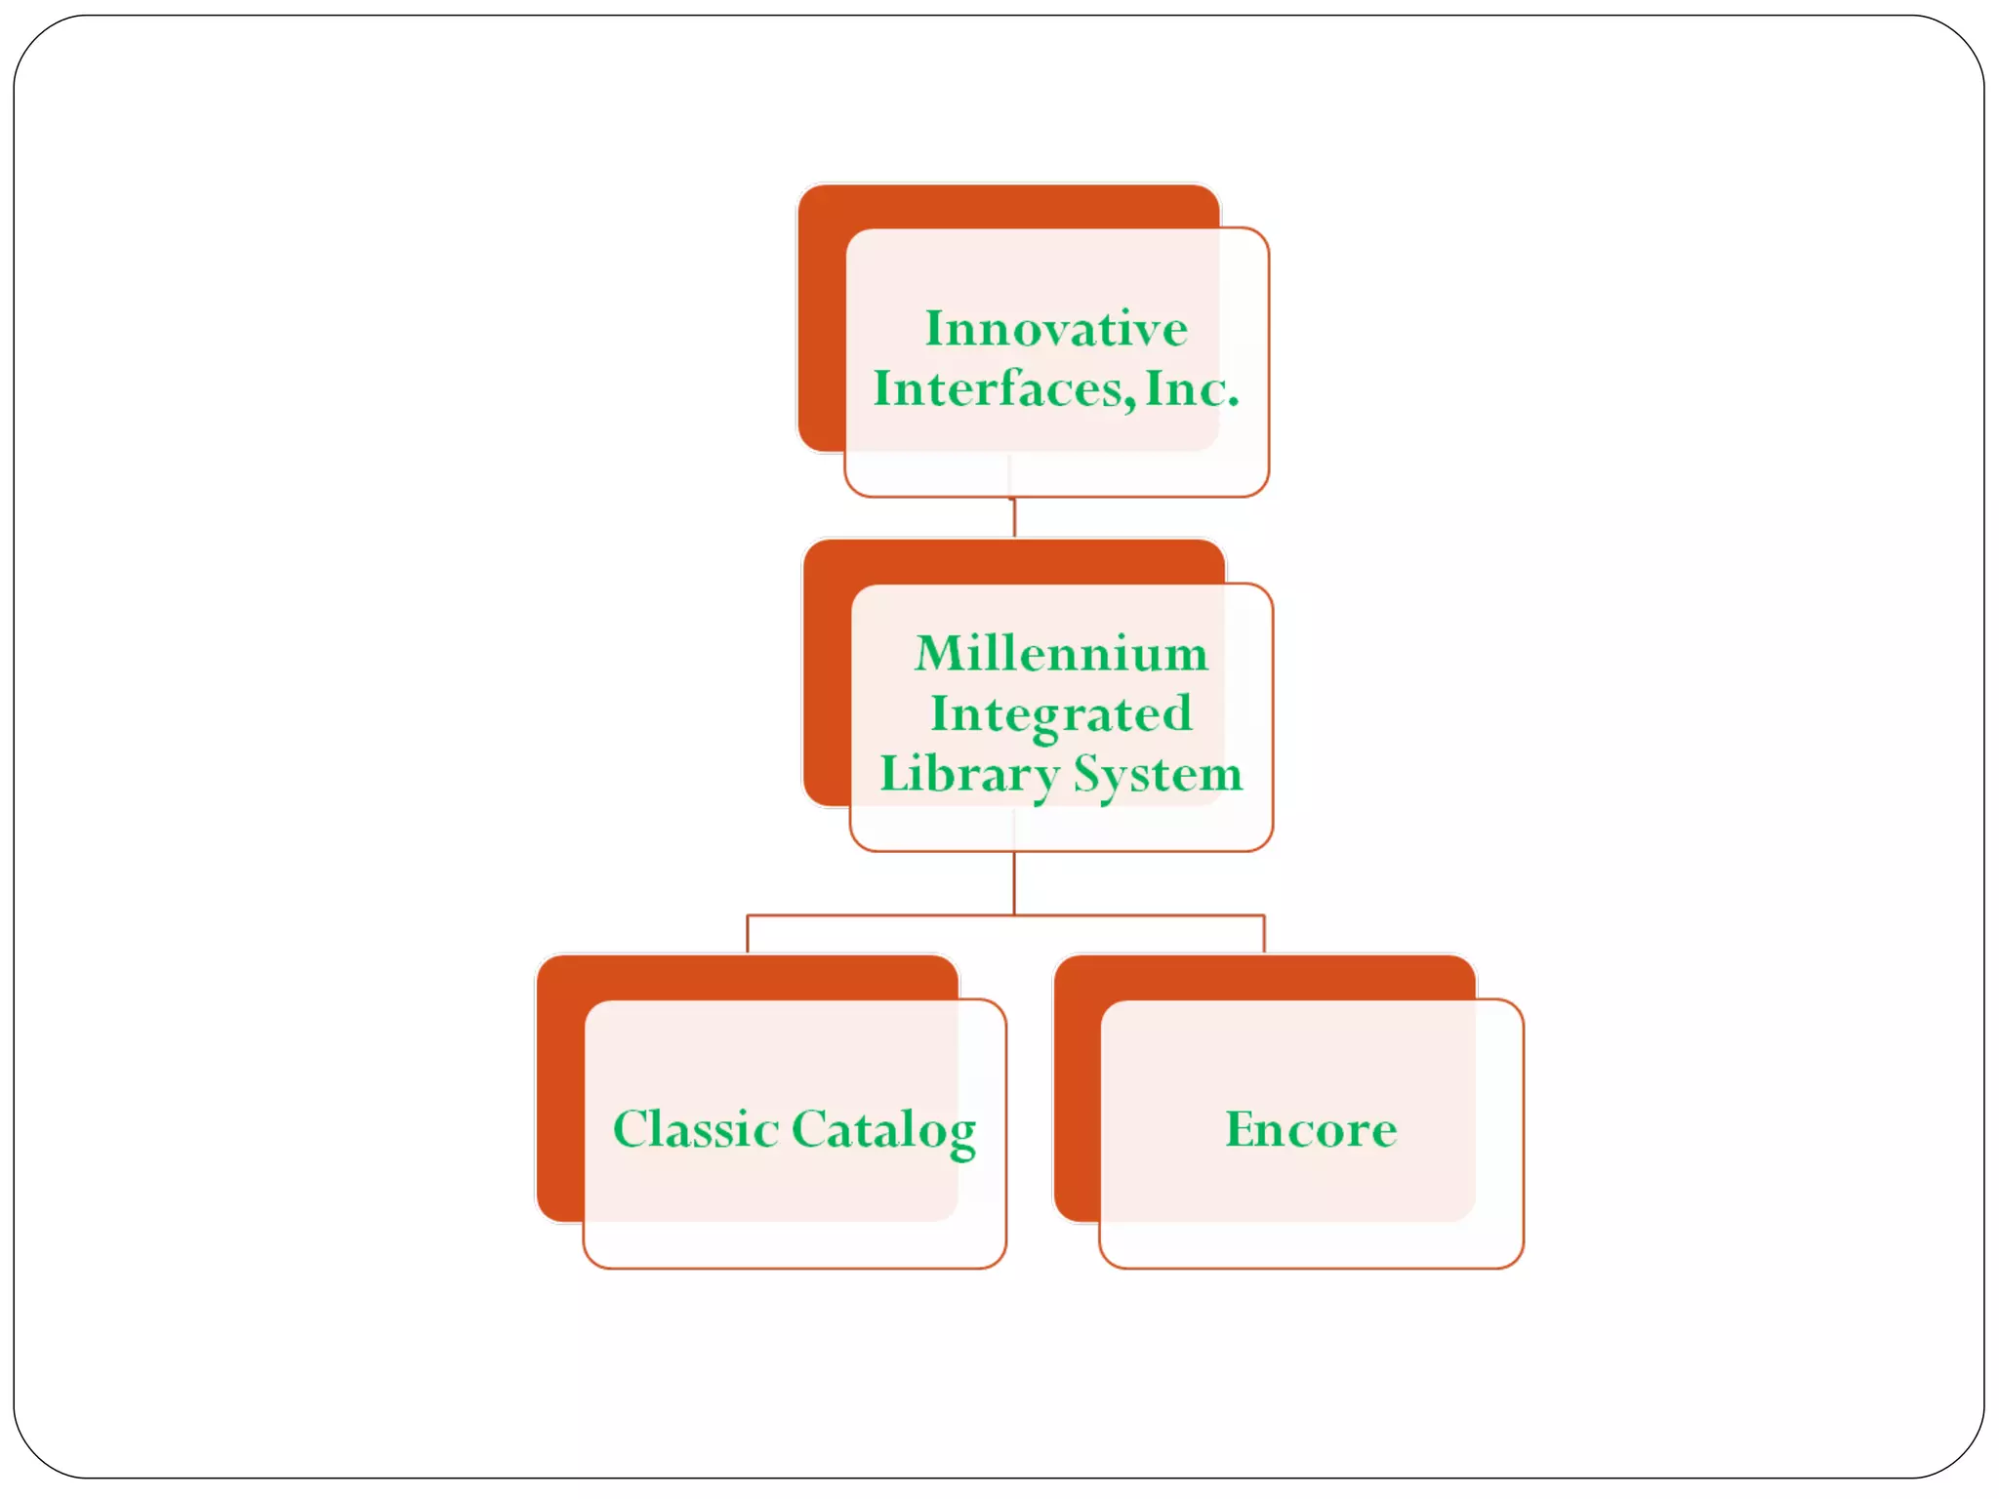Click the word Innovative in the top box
coord(1056,329)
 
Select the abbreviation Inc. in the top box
coord(1192,388)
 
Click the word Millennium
coord(1061,653)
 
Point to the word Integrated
coord(1061,714)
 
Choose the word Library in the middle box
coord(968,775)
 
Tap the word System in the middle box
coord(1158,775)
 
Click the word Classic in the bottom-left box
coord(695,1129)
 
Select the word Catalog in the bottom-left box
coord(883,1130)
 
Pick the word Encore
coord(1311,1129)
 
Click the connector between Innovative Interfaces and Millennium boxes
coord(1014,517)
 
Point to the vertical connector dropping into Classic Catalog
coord(748,934)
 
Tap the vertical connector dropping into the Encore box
coord(1264,934)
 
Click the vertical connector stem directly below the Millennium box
coord(1014,882)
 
